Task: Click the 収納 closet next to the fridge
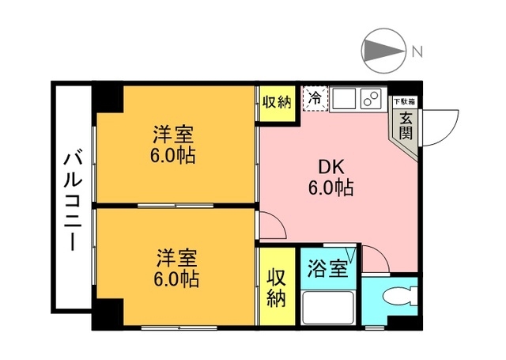coord(277,102)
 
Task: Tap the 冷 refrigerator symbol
coord(314,100)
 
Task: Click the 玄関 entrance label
coord(405,124)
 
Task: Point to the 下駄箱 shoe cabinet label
coord(405,102)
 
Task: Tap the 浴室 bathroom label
coord(327,267)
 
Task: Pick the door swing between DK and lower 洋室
coord(274,228)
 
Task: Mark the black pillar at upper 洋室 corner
coord(108,98)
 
